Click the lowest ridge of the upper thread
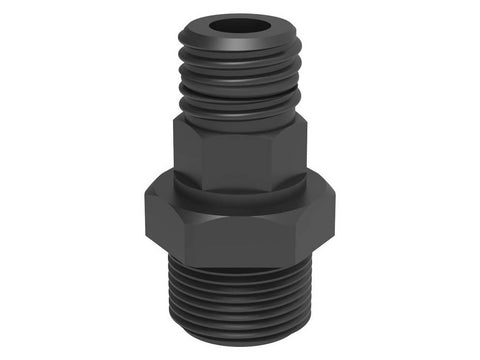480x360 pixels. coord(240,103)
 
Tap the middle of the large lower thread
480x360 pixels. coord(240,300)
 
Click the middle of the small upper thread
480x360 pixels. coord(240,75)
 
